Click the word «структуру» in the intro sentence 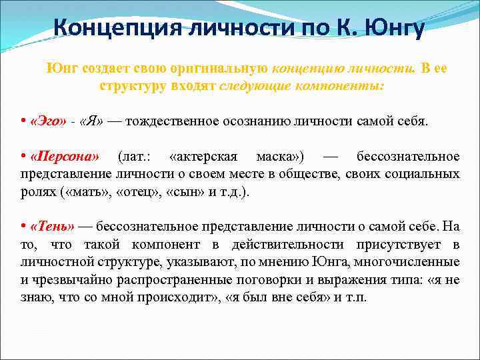pos(129,87)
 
